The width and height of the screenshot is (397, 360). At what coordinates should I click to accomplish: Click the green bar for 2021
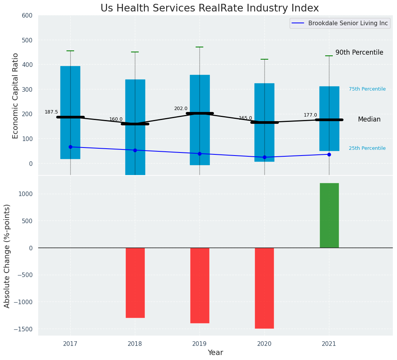coord(329,215)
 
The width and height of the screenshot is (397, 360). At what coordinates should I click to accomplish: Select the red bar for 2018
coord(135,282)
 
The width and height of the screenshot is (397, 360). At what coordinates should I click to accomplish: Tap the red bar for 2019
coord(199,285)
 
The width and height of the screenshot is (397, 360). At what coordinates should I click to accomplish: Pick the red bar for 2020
coord(264,288)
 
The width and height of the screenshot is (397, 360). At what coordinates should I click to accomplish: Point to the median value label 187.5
coord(51,112)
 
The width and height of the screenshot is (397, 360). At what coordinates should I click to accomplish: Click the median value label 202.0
coord(181,109)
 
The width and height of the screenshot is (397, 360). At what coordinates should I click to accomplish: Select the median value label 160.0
coord(116,119)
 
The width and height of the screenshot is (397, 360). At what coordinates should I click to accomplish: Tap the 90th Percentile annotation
coord(359,53)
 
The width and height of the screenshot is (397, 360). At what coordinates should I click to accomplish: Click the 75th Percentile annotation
coord(367,89)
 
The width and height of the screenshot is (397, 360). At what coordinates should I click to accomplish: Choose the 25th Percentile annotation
coord(367,148)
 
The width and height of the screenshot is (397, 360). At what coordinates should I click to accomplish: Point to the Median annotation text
coord(369,120)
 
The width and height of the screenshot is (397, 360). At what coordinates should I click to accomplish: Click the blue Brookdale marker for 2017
coord(70,147)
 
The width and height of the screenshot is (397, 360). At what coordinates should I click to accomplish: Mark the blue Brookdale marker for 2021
coord(329,154)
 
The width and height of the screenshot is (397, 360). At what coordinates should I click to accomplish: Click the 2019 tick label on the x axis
coord(199,344)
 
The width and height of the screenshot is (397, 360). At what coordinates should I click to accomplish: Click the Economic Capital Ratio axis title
coord(16,96)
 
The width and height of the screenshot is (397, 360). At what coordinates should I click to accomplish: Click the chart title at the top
coord(209,8)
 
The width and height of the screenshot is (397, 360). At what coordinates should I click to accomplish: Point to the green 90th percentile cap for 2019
coord(199,47)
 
